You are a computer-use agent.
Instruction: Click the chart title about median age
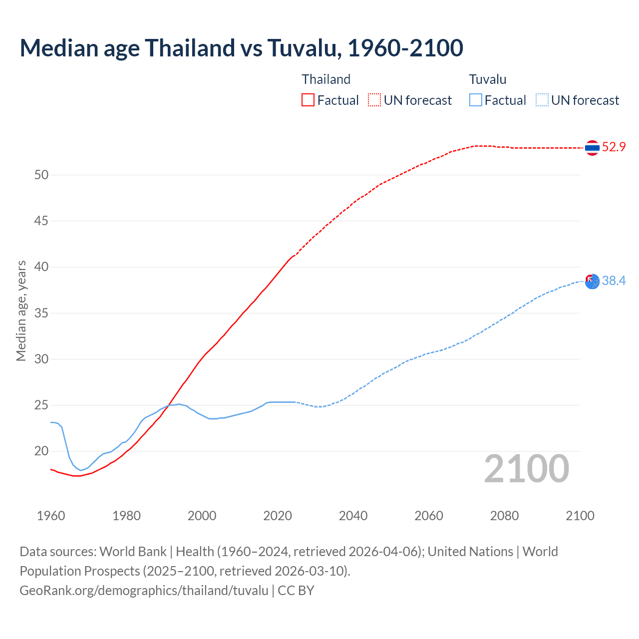(241, 48)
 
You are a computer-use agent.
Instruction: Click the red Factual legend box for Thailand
(308, 100)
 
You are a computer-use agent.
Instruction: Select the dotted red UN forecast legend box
(374, 100)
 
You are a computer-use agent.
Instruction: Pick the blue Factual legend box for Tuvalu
(476, 100)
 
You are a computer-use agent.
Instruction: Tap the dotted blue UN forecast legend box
(542, 100)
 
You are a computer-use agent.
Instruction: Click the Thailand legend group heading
(326, 79)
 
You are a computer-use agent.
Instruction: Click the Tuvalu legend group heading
(488, 79)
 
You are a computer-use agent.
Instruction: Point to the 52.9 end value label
(614, 147)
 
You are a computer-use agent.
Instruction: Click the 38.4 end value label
(614, 281)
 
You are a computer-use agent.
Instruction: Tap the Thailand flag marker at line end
(592, 148)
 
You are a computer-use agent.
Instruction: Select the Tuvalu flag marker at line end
(592, 282)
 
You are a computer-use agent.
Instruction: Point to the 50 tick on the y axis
(41, 175)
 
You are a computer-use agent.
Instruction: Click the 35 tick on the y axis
(41, 313)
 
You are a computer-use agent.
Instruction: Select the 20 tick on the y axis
(41, 451)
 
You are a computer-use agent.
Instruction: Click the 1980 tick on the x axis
(126, 516)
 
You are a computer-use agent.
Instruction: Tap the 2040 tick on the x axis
(353, 516)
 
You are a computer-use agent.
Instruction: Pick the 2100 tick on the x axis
(580, 516)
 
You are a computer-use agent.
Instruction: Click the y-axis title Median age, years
(21, 311)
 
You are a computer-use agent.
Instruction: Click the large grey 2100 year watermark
(526, 468)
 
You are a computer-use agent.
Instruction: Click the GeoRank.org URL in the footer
(144, 590)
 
